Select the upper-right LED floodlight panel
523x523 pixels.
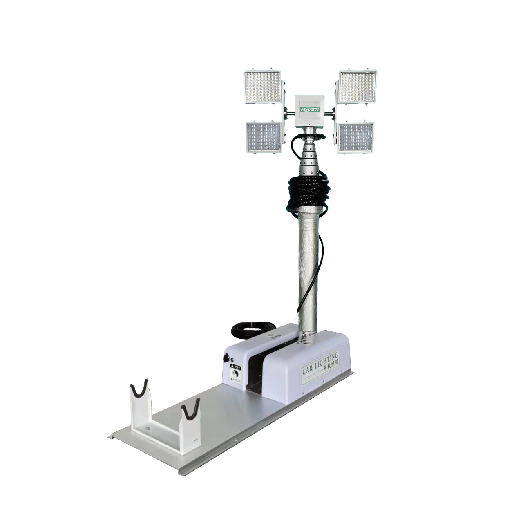tap(358, 86)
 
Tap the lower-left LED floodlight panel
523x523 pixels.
tap(264, 137)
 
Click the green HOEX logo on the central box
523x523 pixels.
tap(311, 109)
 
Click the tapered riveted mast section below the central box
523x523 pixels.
tap(310, 153)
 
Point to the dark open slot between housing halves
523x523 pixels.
tap(256, 370)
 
